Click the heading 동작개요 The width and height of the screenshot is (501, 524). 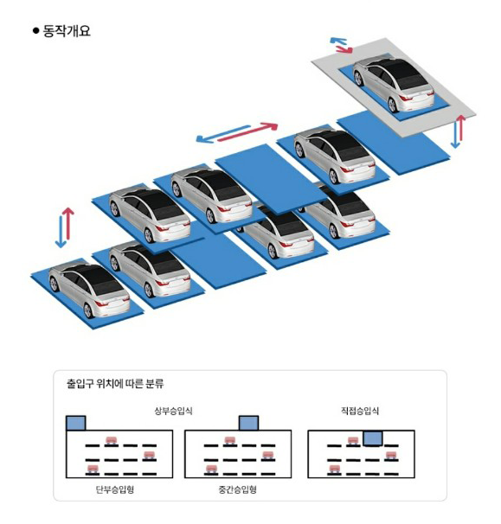pyautogui.click(x=67, y=31)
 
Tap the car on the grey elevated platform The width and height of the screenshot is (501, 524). pyautogui.click(x=394, y=84)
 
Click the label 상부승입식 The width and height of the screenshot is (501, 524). pyautogui.click(x=173, y=411)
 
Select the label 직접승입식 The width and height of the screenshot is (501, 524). pyautogui.click(x=360, y=411)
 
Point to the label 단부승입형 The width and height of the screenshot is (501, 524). pyautogui.click(x=115, y=489)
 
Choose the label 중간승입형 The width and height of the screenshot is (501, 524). pyautogui.click(x=237, y=489)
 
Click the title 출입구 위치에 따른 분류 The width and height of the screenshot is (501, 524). pyautogui.click(x=115, y=383)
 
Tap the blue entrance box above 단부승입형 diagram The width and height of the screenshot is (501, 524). pyautogui.click(x=76, y=423)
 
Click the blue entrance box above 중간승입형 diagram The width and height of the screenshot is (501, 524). pyautogui.click(x=249, y=423)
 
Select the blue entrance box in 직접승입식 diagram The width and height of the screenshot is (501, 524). pyautogui.click(x=373, y=438)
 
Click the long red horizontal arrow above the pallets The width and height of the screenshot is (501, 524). pyautogui.click(x=247, y=131)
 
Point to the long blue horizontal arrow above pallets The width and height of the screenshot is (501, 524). pyautogui.click(x=223, y=134)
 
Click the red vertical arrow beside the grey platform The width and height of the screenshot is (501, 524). pyautogui.click(x=461, y=128)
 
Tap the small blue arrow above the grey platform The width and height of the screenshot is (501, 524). pyautogui.click(x=338, y=42)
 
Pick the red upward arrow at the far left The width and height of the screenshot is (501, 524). pyautogui.click(x=68, y=223)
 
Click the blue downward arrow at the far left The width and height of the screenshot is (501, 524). pyautogui.click(x=61, y=232)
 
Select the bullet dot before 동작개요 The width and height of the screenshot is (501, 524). pyautogui.click(x=36, y=31)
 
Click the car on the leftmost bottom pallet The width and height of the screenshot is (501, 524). pyautogui.click(x=89, y=290)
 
